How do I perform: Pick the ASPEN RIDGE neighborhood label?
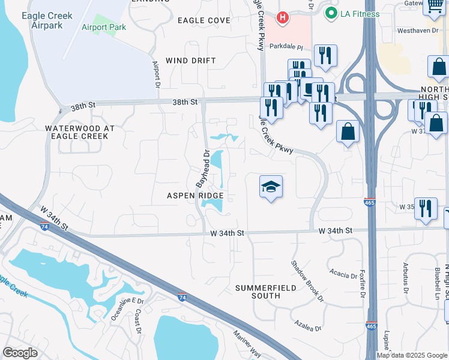[x=195, y=196]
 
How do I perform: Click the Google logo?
[x=20, y=353]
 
